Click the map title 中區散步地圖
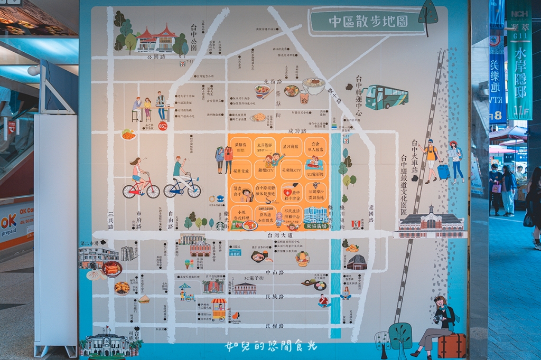[x=368, y=22]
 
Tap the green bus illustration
[x=386, y=97]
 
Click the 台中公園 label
[x=193, y=37]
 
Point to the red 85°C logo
[x=162, y=126]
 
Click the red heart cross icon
[x=287, y=192]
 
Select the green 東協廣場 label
[x=316, y=225]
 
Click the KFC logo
[x=357, y=224]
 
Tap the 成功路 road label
[x=297, y=131]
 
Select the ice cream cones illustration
[x=189, y=263]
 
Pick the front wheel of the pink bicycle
[x=153, y=191]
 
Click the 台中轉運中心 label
[x=359, y=95]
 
